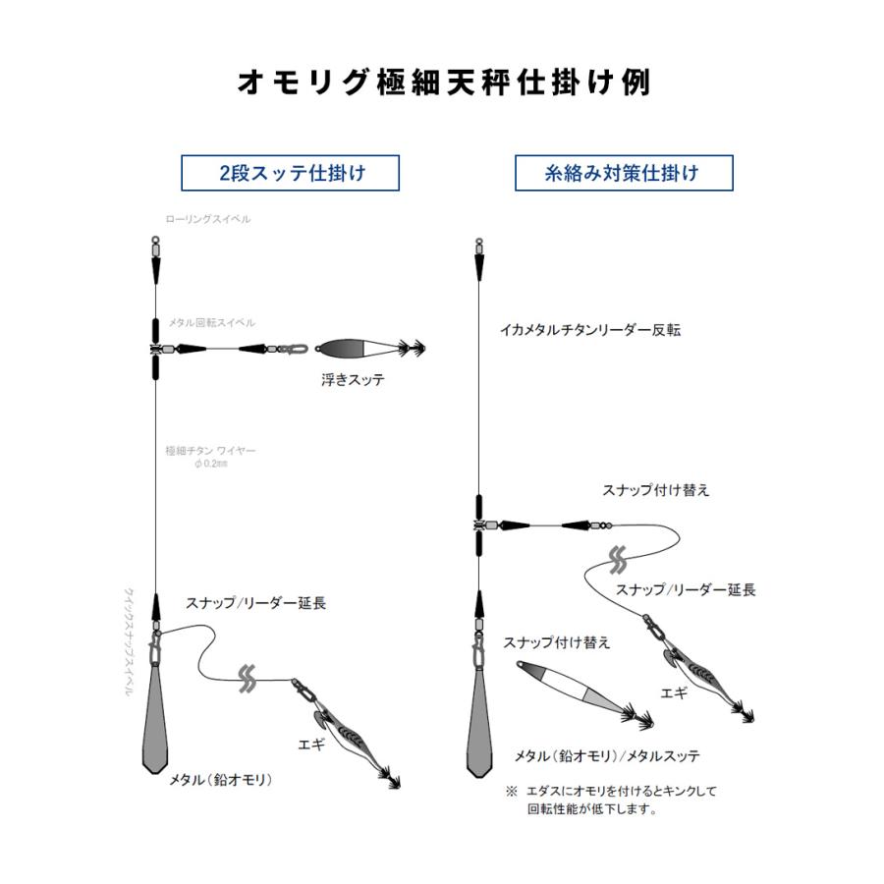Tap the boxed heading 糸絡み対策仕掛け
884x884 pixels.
(x=624, y=173)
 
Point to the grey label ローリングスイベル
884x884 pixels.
(x=208, y=219)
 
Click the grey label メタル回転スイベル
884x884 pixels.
(x=211, y=322)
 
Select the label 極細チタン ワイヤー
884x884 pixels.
(x=211, y=451)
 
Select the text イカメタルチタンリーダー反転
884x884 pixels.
(x=589, y=330)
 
